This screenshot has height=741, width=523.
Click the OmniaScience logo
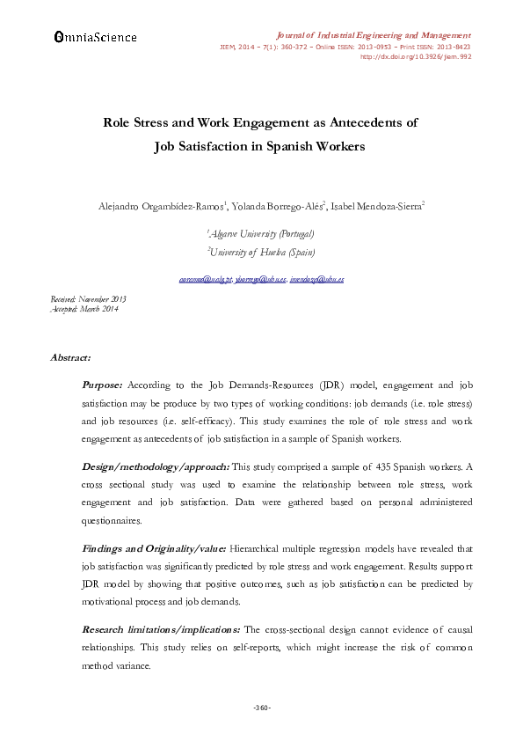tap(95, 37)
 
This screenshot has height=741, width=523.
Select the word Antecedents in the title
tap(360, 123)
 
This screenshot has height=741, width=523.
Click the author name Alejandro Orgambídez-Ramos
tap(163, 206)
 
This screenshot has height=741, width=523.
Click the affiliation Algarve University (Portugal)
tap(260, 234)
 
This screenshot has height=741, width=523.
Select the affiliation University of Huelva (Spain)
tap(260, 252)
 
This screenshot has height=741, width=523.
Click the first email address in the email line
tap(200, 279)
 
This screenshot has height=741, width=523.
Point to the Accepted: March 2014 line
tap(84, 309)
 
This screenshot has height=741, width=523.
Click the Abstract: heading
tap(71, 358)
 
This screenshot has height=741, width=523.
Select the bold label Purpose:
tap(103, 385)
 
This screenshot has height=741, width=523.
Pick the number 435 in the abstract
tap(350, 467)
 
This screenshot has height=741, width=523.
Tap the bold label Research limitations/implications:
tap(161, 630)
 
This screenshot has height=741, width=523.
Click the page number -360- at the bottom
tap(261, 708)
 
